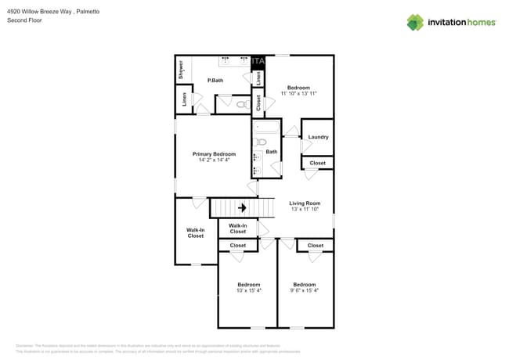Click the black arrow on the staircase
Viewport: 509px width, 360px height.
coord(242,207)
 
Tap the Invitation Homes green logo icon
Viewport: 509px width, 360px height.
coord(415,22)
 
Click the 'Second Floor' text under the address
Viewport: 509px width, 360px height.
coord(24,20)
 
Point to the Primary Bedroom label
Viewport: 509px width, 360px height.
coord(214,154)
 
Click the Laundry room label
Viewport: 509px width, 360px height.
coord(318,137)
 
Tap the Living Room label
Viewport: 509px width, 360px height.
coord(305,203)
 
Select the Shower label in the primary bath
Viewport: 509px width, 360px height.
coord(181,68)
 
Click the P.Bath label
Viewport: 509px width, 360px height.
coord(216,81)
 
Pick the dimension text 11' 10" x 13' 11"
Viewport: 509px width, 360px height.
coord(298,93)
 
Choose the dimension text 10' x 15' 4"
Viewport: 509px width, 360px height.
coord(249,290)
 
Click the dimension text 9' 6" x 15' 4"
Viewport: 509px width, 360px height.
coord(305,290)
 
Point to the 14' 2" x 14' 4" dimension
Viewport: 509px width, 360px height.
coord(214,160)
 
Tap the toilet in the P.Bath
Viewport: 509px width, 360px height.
coord(243,103)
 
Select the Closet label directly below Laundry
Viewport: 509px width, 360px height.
coord(317,163)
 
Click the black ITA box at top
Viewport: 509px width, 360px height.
coord(258,61)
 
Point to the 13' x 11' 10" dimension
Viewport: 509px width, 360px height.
coord(305,209)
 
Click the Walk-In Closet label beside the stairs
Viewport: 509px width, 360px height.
coord(237,229)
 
